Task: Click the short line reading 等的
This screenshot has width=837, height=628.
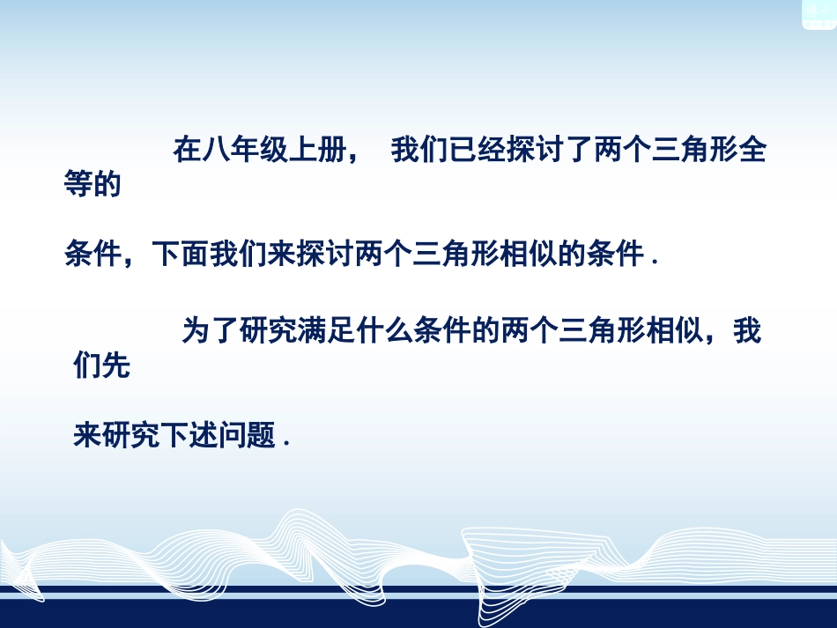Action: (x=93, y=186)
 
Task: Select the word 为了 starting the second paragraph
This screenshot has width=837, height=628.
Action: (x=210, y=331)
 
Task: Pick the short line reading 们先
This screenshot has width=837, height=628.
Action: (x=102, y=366)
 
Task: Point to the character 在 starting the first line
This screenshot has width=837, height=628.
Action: (x=187, y=152)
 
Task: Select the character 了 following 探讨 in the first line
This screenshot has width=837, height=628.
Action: (x=549, y=152)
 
